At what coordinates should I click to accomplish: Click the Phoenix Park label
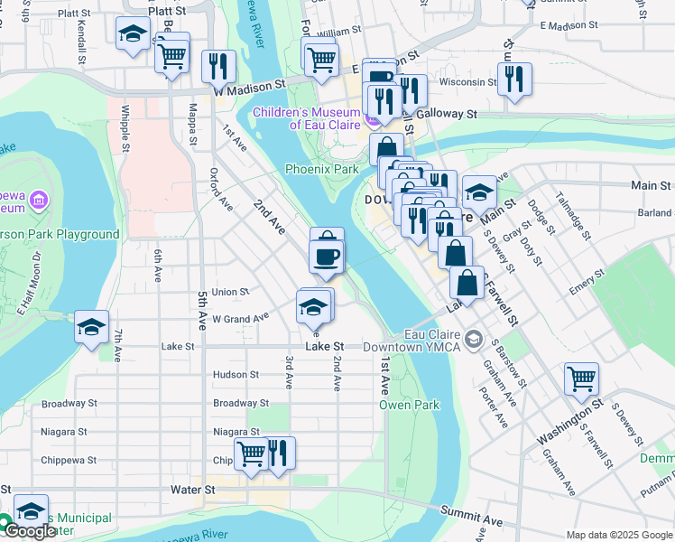[x=321, y=169]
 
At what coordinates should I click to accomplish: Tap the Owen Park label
[x=409, y=405]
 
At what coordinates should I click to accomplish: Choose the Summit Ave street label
[x=470, y=516]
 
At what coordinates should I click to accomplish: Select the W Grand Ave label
[x=240, y=318]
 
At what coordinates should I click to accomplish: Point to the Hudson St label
[x=236, y=374]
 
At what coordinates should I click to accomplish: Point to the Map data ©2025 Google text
[x=618, y=534]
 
